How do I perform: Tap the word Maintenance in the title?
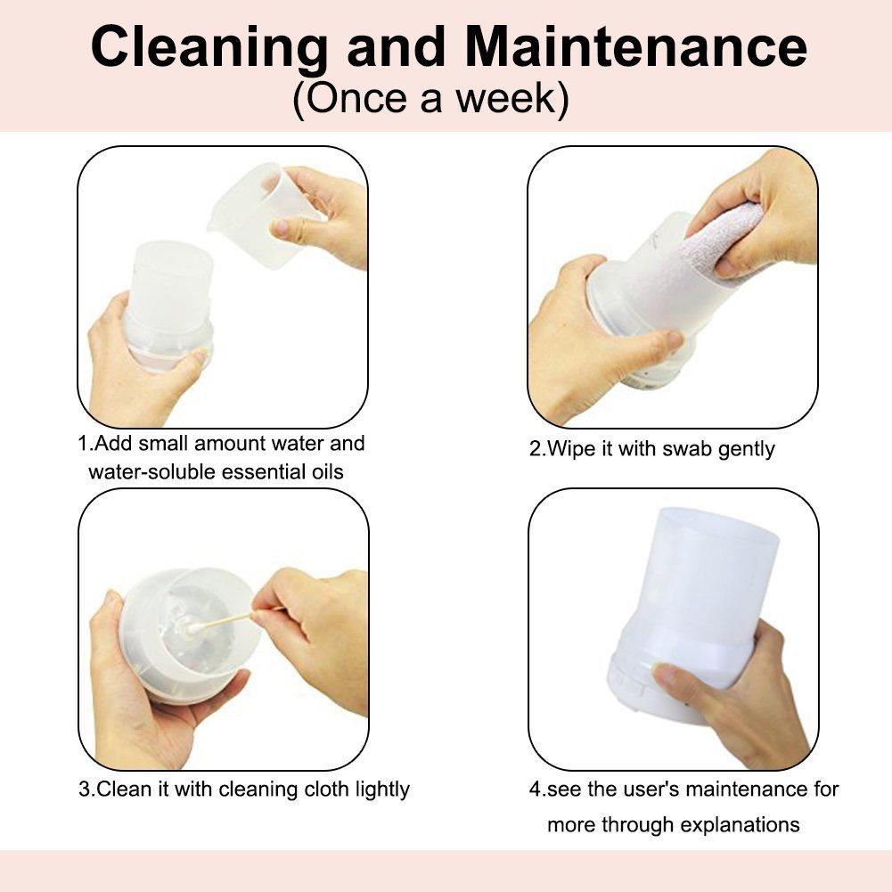click(635, 46)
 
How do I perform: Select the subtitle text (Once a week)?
click(430, 99)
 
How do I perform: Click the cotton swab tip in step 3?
click(195, 629)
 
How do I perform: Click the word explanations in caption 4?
click(740, 825)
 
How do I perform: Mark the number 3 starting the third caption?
click(84, 790)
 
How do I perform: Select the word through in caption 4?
click(636, 825)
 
